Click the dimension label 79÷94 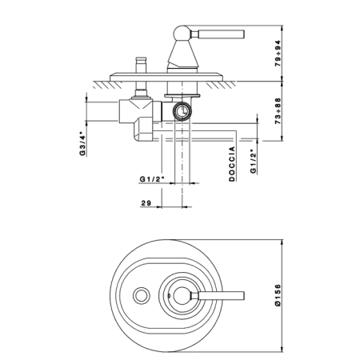tap(278, 54)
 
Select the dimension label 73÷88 tap(278, 111)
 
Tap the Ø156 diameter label tap(278, 295)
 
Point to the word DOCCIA tap(232, 164)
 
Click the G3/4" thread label tap(82, 143)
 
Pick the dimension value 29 tap(146, 203)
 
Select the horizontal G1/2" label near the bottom tap(151, 179)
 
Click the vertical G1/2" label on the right tap(254, 163)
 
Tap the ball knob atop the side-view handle tap(182, 34)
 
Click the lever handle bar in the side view tap(218, 34)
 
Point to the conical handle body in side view tap(183, 54)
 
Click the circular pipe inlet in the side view tap(182, 111)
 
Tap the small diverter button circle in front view tap(142, 295)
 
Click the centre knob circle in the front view tap(182, 296)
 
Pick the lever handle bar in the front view tap(217, 295)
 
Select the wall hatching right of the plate tap(220, 85)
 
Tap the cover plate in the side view tap(166, 77)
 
